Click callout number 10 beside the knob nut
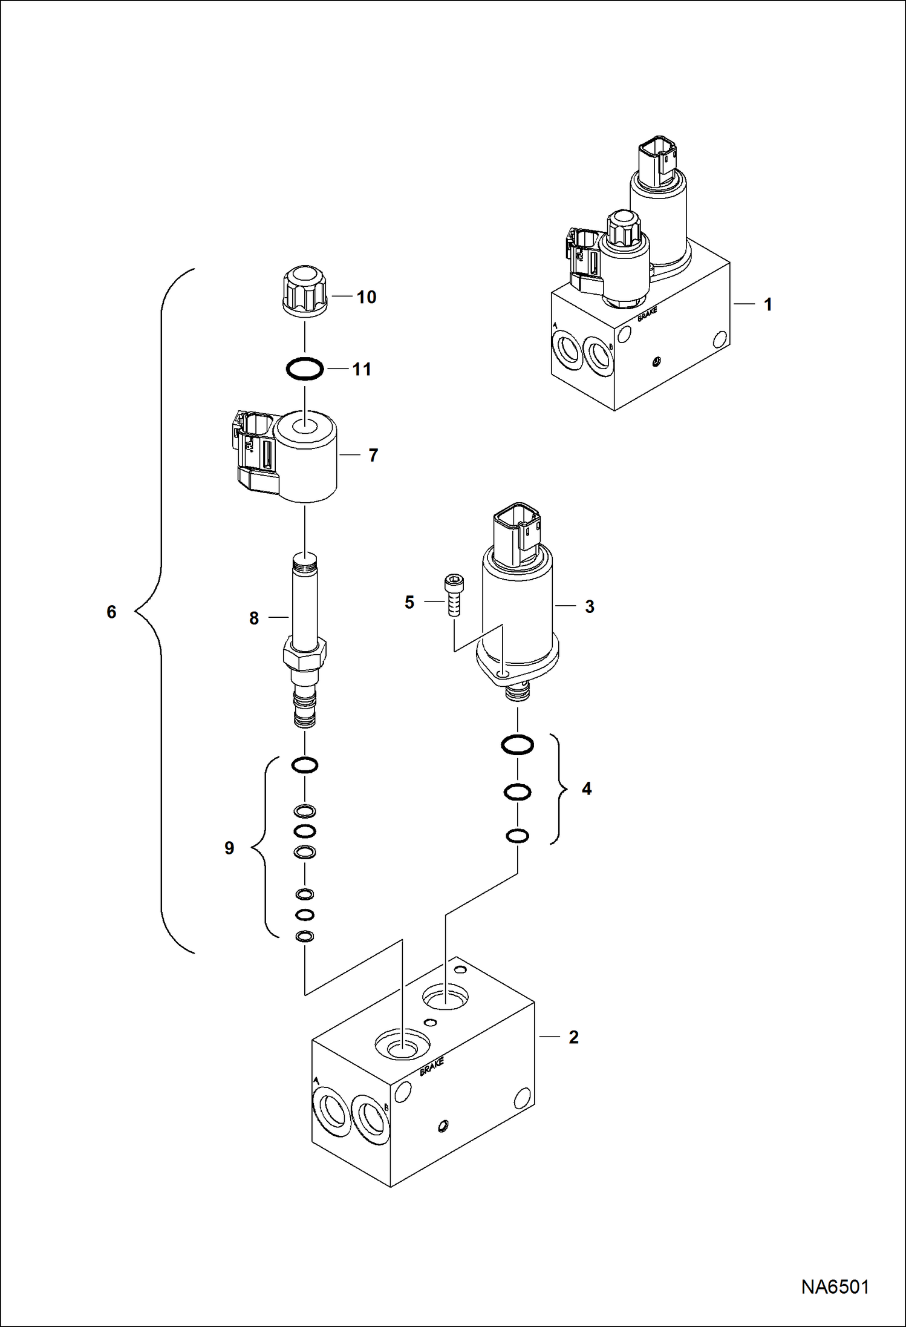point(366,297)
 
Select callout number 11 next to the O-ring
point(362,369)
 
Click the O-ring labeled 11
point(305,369)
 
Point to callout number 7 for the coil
point(373,455)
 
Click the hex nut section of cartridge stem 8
point(305,656)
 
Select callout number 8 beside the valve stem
point(254,618)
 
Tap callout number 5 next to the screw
point(409,602)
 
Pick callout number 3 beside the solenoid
point(589,606)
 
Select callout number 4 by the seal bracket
point(586,788)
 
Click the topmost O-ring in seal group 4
point(518,745)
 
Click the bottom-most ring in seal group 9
point(305,937)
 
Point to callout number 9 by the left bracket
point(229,848)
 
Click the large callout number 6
point(111,612)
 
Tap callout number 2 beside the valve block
point(573,1037)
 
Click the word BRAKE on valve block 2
point(432,1066)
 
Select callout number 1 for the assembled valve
point(767,304)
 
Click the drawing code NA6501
point(835,1286)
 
